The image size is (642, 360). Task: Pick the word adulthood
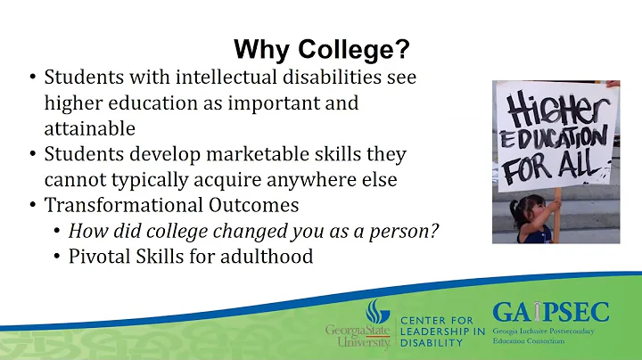coord(269,258)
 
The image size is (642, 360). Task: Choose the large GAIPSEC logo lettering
coord(550,313)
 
